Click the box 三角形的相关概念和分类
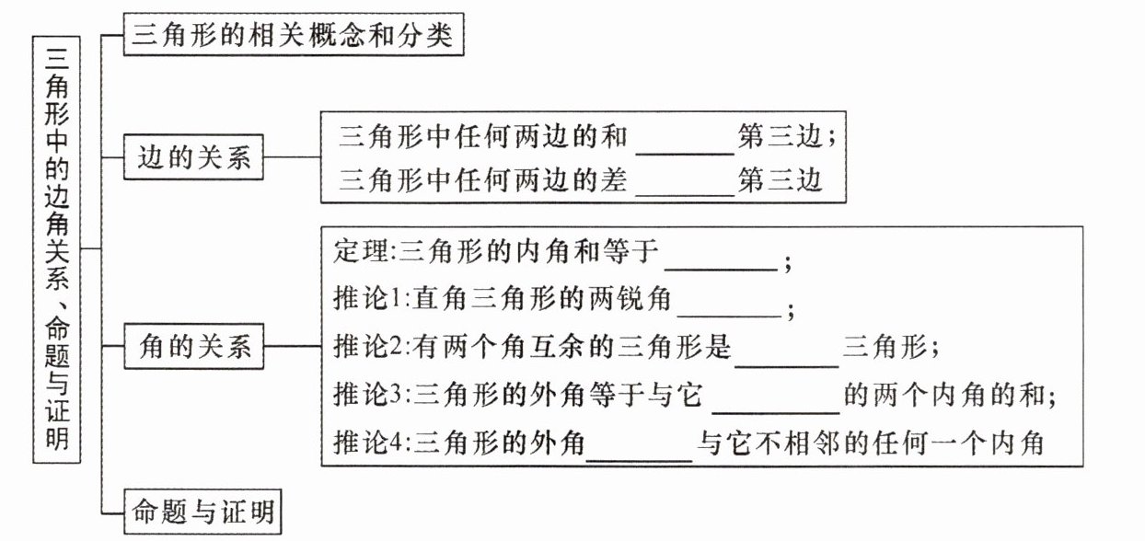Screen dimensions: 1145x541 pos(294,34)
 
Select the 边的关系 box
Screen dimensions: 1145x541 pos(193,156)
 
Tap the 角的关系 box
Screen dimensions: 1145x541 pos(194,346)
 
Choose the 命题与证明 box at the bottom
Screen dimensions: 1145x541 pos(202,512)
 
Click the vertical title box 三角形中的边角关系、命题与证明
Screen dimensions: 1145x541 pos(57,250)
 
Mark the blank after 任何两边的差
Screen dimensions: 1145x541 pos(685,195)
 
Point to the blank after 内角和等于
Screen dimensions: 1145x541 pos(721,270)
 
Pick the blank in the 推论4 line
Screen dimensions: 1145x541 pos(639,460)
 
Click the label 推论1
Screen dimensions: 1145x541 pos(361,298)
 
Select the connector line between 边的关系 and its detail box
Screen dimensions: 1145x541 pos(292,156)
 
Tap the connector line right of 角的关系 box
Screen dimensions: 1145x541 pos(293,346)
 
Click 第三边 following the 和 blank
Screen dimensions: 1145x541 pos(780,137)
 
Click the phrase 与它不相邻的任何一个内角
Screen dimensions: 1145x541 pos(870,443)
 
